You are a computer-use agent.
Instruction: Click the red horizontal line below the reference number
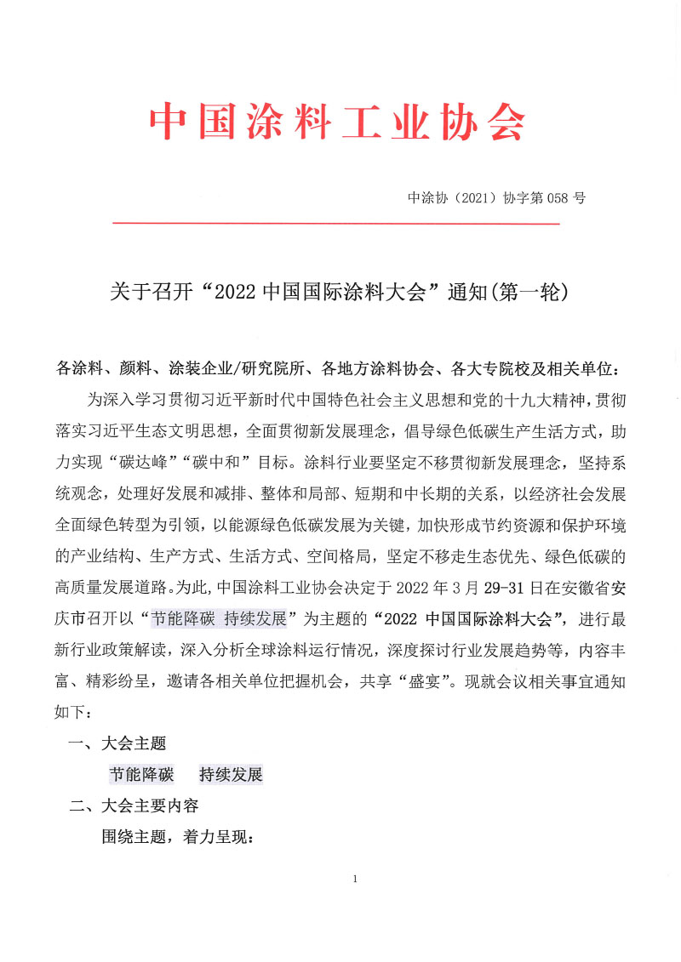(335, 224)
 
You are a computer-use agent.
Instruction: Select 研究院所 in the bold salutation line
(275, 370)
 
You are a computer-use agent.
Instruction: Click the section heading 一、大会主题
(117, 744)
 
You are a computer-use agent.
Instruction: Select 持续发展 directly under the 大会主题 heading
(231, 775)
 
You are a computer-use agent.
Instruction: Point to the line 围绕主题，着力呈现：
(178, 837)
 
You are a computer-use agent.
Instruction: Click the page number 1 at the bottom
(354, 879)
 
